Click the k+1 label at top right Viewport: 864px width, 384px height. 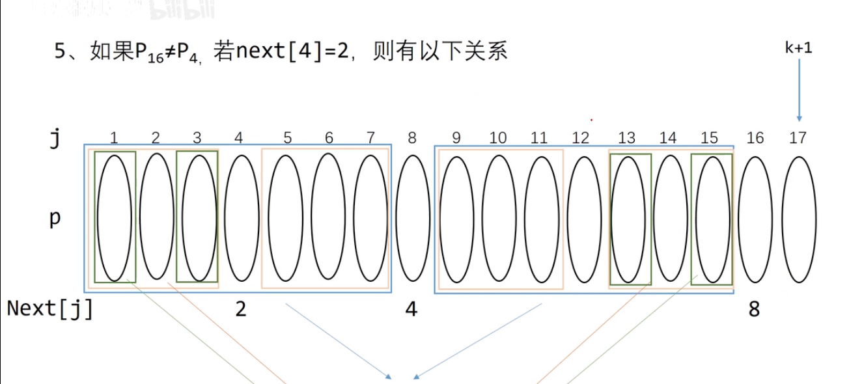pyautogui.click(x=798, y=48)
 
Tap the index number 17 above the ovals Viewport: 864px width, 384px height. pyautogui.click(x=798, y=138)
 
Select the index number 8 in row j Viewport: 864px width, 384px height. pyautogui.click(x=411, y=138)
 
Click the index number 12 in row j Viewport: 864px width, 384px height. pyautogui.click(x=580, y=138)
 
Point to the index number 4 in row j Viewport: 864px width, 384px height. pyautogui.click(x=239, y=138)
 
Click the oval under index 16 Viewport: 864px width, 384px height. pyautogui.click(x=755, y=219)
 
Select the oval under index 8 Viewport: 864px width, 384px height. pyautogui.click(x=413, y=219)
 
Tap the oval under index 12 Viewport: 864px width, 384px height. pyautogui.click(x=584, y=219)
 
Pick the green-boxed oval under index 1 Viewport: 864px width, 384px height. pyautogui.click(x=115, y=217)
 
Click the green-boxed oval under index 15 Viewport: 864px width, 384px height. pyautogui.click(x=712, y=219)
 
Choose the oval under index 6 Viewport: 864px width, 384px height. pyautogui.click(x=329, y=217)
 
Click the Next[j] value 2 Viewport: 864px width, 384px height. pyautogui.click(x=241, y=309)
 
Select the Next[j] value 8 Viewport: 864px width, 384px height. pyautogui.click(x=754, y=309)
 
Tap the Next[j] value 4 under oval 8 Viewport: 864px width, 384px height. pyautogui.click(x=411, y=309)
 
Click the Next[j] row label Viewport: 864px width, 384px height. pyautogui.click(x=50, y=309)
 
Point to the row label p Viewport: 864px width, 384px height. pyautogui.click(x=55, y=219)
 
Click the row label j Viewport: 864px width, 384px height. pyautogui.click(x=55, y=139)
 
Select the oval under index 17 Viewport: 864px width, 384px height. pyautogui.click(x=798, y=219)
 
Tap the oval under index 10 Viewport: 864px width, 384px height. pyautogui.click(x=499, y=219)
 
